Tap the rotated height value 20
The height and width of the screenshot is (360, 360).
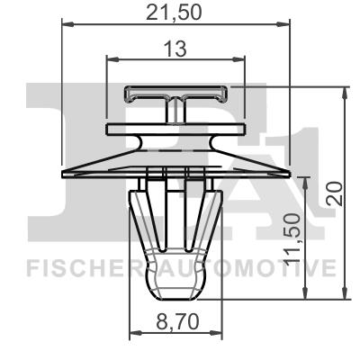click(x=334, y=192)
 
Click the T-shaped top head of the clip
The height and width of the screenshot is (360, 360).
click(x=175, y=94)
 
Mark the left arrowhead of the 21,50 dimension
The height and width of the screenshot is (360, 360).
click(x=67, y=29)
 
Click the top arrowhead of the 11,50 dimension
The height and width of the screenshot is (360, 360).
click(x=310, y=178)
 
